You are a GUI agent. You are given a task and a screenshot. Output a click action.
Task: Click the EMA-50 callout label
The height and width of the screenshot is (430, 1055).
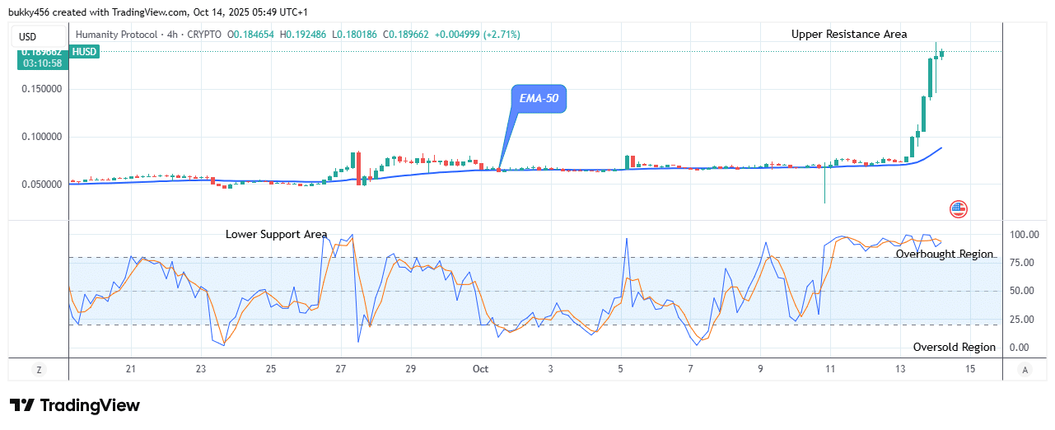[x=538, y=99]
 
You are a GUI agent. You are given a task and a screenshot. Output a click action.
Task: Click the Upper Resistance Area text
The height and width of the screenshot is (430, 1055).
[x=849, y=35]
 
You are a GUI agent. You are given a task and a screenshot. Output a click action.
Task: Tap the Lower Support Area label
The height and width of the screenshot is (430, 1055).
[x=276, y=235]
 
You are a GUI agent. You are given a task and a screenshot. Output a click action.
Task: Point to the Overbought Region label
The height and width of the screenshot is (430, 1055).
[x=945, y=255]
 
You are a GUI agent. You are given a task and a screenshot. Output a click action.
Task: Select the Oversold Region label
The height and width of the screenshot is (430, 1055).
[x=954, y=348]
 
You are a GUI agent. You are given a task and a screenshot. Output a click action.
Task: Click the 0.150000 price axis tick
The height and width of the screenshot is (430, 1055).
[x=42, y=89]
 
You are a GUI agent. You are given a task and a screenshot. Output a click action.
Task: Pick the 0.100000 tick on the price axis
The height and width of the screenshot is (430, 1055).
[x=42, y=137]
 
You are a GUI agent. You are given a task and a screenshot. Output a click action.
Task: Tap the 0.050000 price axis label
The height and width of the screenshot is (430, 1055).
[x=42, y=185]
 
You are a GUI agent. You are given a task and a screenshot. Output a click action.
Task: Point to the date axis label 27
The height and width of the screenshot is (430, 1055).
[x=341, y=368]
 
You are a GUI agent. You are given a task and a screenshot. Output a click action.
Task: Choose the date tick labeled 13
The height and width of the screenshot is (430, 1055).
[x=900, y=368]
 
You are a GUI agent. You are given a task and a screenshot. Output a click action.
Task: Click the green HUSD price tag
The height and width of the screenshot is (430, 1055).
[x=85, y=52]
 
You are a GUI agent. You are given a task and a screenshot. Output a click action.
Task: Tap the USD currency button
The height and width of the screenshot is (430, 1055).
[x=27, y=37]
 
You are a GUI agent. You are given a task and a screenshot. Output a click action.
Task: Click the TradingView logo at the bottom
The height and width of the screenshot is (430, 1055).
[x=75, y=405]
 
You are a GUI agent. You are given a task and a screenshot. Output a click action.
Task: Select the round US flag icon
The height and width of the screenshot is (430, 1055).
[x=958, y=209]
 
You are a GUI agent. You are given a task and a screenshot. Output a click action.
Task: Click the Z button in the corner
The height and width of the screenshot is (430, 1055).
[x=39, y=370]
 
